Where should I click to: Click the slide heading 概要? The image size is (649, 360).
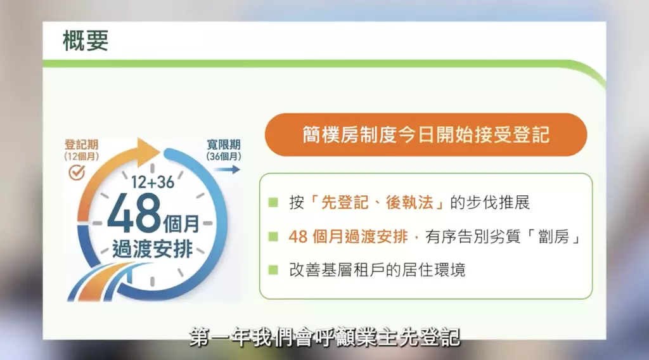86,41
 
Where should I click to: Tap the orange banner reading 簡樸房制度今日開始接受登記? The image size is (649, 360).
426,135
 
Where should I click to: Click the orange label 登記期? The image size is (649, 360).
82,145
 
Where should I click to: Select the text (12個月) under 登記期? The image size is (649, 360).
82,157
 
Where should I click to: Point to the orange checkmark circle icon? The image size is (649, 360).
77,172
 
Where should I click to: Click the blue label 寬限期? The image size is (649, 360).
224,145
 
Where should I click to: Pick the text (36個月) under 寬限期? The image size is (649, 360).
224,157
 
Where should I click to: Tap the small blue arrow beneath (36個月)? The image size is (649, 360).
228,169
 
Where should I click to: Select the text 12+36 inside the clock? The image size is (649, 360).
152,182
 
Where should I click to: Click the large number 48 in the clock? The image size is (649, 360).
134,213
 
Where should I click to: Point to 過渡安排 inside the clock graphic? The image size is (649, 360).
153,250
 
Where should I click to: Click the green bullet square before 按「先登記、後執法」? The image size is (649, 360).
273,202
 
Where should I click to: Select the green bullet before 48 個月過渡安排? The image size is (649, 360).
273,236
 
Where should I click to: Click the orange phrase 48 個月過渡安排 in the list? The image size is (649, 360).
348,236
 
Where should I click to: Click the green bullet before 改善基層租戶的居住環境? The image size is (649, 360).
273,270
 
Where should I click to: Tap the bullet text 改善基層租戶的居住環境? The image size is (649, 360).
377,270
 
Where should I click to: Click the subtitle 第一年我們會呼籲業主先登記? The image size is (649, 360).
325,337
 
